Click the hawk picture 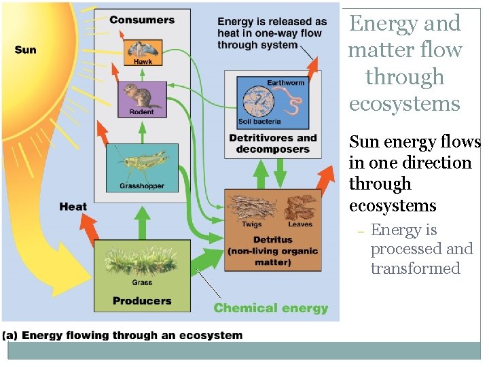tap(143, 48)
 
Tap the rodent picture tap(141, 96)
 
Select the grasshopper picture tap(141, 162)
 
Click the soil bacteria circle tap(256, 103)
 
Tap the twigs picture tap(251, 208)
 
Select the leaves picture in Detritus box tap(299, 207)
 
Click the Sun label tap(25, 50)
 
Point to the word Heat tap(73, 207)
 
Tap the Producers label tap(142, 300)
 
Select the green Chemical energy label tap(271, 308)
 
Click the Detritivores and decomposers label tap(272, 143)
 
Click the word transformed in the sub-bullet tap(415, 268)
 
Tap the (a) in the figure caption tap(12, 334)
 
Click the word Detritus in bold tap(272, 239)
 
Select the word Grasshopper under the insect tap(142, 186)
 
